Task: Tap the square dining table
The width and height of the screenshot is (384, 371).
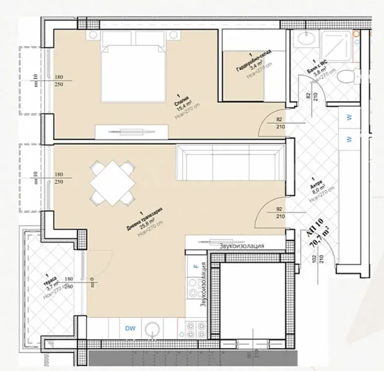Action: point(111,183)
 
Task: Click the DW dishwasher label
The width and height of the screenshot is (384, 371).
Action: point(131,328)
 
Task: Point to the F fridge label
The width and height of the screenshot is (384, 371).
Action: point(196,267)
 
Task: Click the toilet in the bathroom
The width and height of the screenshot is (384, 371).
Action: point(350,77)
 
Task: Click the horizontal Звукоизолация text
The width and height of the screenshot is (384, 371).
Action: point(242,245)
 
